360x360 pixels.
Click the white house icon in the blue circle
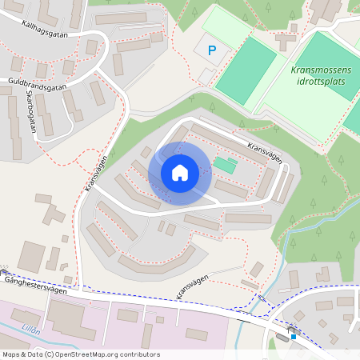click(x=179, y=173)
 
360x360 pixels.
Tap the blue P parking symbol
click(x=212, y=50)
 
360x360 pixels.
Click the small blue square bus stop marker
click(x=294, y=337)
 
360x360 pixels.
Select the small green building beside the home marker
click(x=225, y=165)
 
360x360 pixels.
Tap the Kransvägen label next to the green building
click(x=264, y=152)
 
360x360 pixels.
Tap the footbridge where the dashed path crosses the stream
click(x=262, y=298)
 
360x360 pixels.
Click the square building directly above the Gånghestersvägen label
click(x=32, y=255)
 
